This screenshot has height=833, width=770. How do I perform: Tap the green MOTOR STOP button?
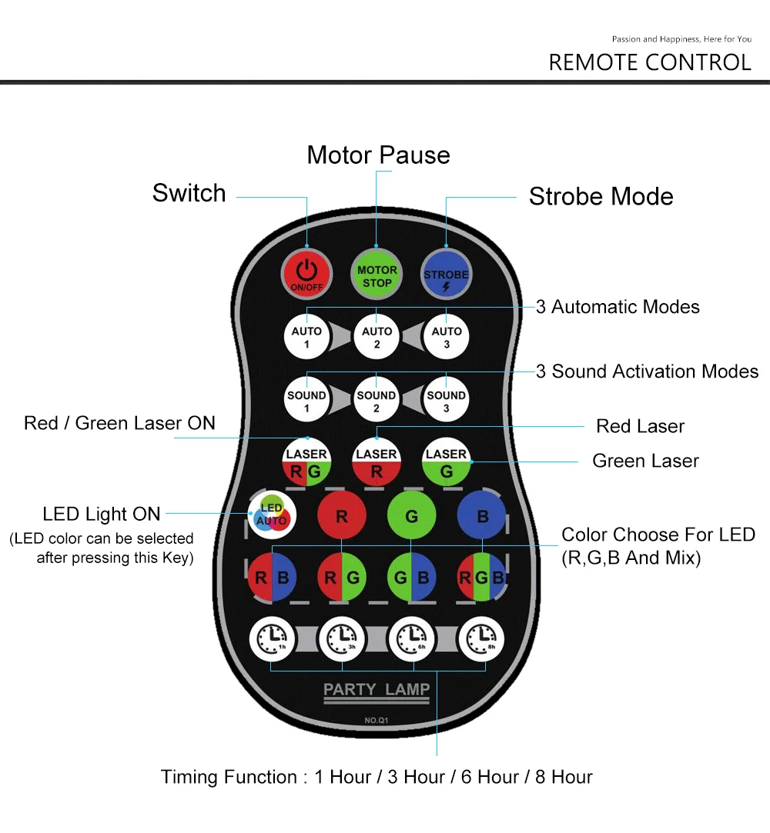[x=377, y=275]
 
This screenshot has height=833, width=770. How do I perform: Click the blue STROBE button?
[x=446, y=275]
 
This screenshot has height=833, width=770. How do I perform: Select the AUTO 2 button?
[x=377, y=337]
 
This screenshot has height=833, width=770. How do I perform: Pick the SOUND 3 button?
[x=446, y=401]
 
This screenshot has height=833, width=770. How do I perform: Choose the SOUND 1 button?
[x=306, y=401]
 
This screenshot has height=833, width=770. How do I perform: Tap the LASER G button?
[x=446, y=463]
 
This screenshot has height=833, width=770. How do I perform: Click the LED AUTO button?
[x=270, y=515]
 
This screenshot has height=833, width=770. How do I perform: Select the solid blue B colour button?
[x=482, y=517]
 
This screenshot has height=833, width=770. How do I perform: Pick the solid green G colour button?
[x=412, y=517]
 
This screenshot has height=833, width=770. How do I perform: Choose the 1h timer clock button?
[x=272, y=638]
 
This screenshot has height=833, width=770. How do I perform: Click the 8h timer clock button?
[x=482, y=638]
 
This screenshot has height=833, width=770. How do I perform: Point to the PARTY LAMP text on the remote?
[x=377, y=689]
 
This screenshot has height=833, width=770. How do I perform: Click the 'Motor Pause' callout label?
[x=378, y=155]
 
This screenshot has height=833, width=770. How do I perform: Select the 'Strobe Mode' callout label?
[x=601, y=197]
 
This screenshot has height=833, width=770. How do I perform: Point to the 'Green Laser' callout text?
[x=645, y=461]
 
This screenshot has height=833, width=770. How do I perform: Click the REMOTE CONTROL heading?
[x=650, y=62]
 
